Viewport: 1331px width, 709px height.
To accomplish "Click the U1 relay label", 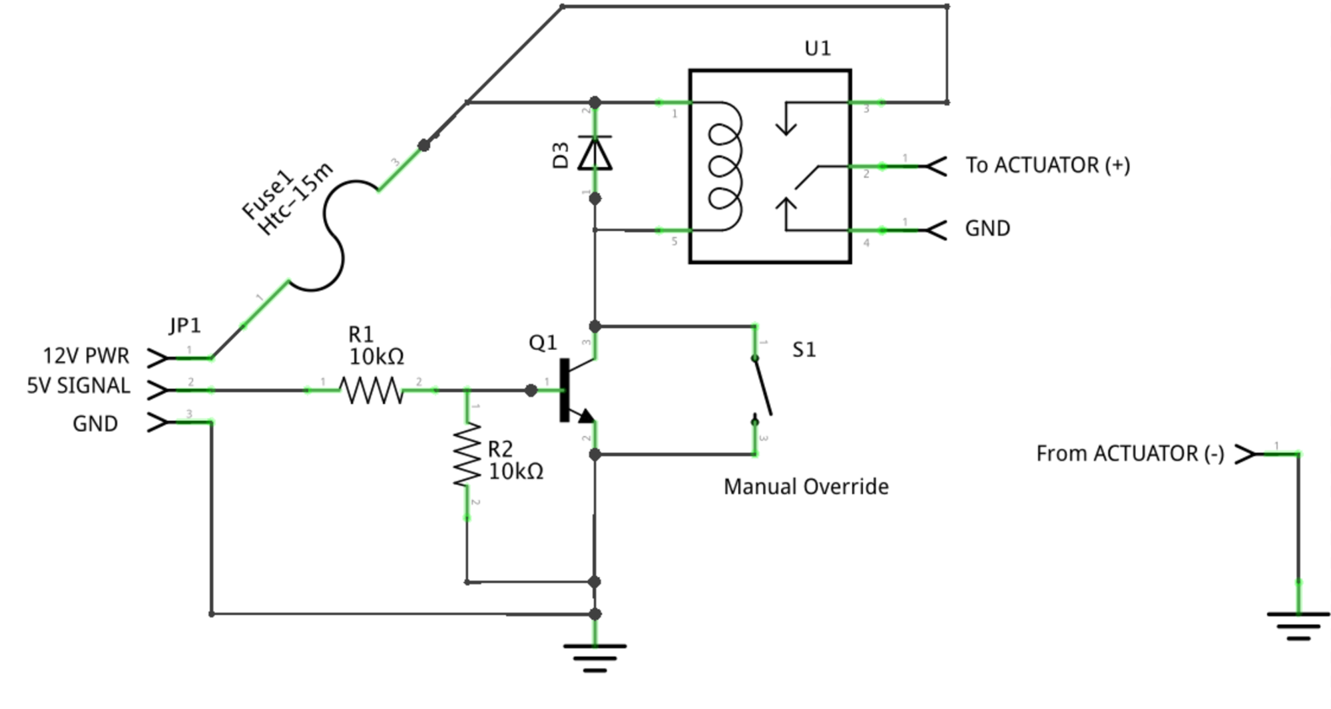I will point(818,49).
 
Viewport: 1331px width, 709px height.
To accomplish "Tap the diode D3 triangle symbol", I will point(595,153).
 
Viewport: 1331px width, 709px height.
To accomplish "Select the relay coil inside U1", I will point(724,166).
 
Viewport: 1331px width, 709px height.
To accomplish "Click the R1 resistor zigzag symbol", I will point(372,391).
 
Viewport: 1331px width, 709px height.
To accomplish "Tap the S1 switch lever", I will point(762,386).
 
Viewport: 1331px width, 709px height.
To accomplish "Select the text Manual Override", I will point(806,487).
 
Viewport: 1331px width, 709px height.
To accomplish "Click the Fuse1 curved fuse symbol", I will point(333,236).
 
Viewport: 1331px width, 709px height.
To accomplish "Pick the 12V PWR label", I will point(86,356).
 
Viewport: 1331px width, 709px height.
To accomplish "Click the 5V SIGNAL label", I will point(78,386).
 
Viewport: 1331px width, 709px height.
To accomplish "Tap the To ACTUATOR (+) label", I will point(1047,165).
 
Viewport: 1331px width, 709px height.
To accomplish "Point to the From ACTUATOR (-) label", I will point(1130,454).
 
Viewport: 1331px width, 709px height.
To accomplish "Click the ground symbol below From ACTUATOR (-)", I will point(1298,626).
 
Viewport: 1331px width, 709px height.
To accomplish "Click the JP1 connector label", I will point(184,326).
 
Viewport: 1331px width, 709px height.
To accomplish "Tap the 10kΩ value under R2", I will point(516,472).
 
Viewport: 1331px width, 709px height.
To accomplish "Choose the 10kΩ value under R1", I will point(376,357).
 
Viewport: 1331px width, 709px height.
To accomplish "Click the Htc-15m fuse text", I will point(296,200).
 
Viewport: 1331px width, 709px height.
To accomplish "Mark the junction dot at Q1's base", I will point(531,391).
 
